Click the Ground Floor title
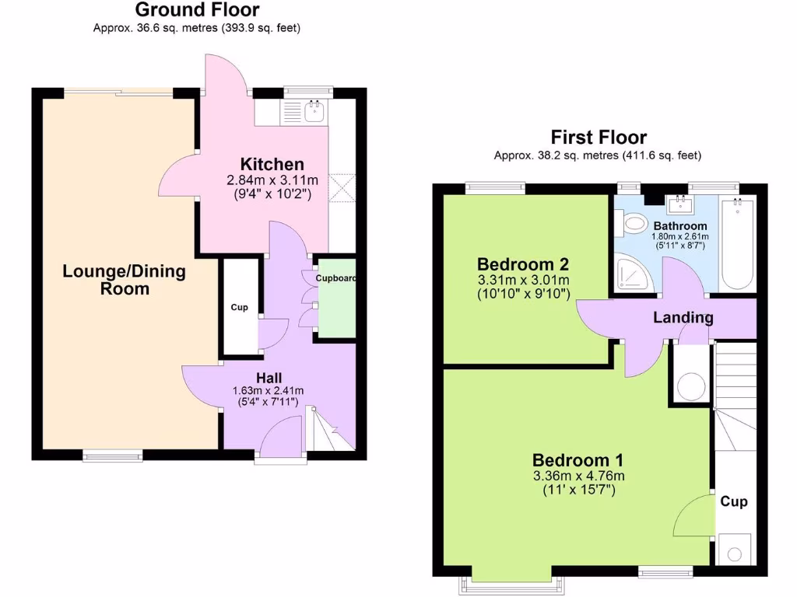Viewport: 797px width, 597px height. (x=197, y=10)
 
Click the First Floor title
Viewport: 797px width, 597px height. (x=599, y=138)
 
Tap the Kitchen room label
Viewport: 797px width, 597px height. (x=272, y=164)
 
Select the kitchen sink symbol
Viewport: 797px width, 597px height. (x=314, y=113)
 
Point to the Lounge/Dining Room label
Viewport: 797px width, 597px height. (x=125, y=280)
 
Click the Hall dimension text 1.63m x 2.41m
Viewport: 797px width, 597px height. (x=269, y=391)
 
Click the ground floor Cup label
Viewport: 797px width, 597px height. (x=239, y=308)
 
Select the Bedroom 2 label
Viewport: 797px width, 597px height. (x=523, y=262)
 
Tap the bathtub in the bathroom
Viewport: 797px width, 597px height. (x=736, y=245)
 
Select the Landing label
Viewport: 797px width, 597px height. (x=683, y=317)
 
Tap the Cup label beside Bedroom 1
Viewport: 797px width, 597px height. (x=733, y=501)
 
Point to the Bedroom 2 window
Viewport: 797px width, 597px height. (x=495, y=187)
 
